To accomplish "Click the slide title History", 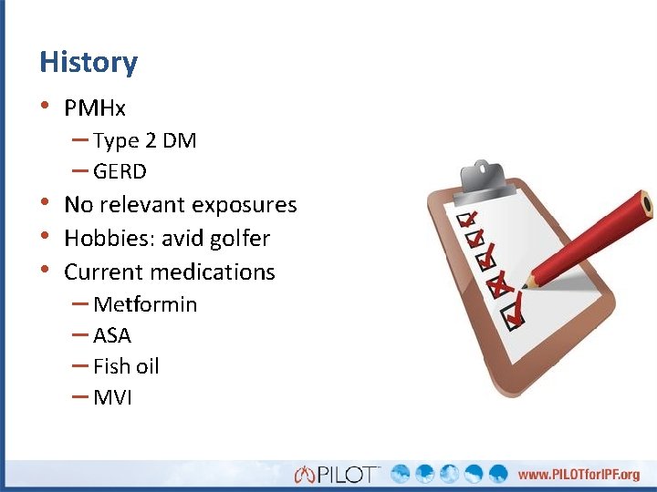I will click(x=89, y=63).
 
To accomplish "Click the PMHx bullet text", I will click(x=95, y=108).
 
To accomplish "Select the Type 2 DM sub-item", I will click(x=144, y=140).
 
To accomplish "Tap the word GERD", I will click(x=120, y=171).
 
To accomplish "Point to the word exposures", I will click(x=245, y=205).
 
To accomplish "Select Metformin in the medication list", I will click(x=144, y=304).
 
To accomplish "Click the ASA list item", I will click(x=111, y=335).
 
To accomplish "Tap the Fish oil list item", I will click(x=126, y=366).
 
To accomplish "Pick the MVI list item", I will click(x=112, y=397).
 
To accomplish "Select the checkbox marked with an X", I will click(x=497, y=286).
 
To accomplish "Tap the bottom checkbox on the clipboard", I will click(x=511, y=315).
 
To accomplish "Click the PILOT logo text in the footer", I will click(x=348, y=474).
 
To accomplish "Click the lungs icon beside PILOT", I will click(x=304, y=474).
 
